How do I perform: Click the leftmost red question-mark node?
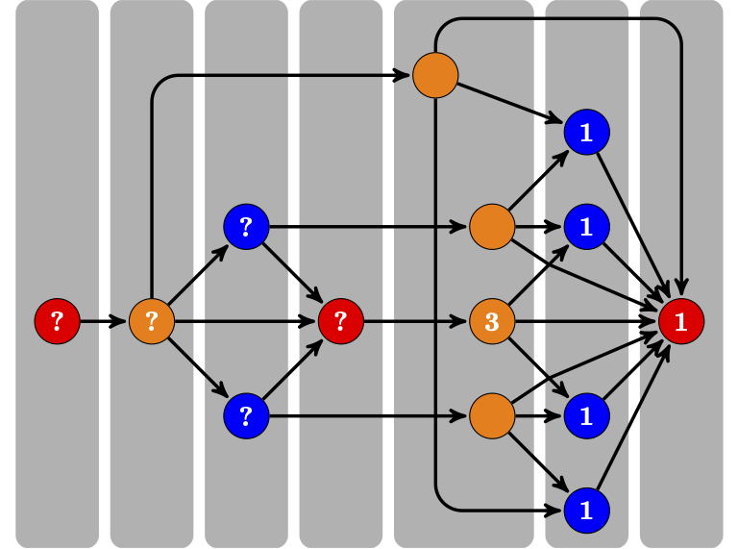click(x=57, y=321)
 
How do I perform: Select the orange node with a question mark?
click(x=152, y=321)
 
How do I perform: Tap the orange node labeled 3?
click(x=492, y=321)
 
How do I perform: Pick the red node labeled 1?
click(x=681, y=321)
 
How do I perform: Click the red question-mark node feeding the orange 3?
click(x=340, y=321)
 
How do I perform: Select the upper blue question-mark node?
click(x=246, y=227)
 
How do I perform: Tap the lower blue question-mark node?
click(x=246, y=416)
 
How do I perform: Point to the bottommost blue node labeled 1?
click(x=586, y=511)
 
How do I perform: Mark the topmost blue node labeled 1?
click(x=586, y=132)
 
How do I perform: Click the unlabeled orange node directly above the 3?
click(x=492, y=227)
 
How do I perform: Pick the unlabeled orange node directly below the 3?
click(x=492, y=416)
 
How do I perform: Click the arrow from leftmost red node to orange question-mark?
click(x=104, y=321)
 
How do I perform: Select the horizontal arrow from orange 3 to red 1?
click(x=586, y=321)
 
